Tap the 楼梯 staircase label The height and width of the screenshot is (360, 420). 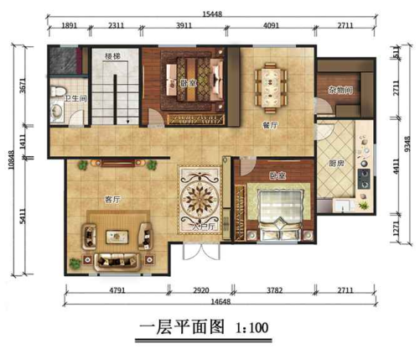110,56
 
